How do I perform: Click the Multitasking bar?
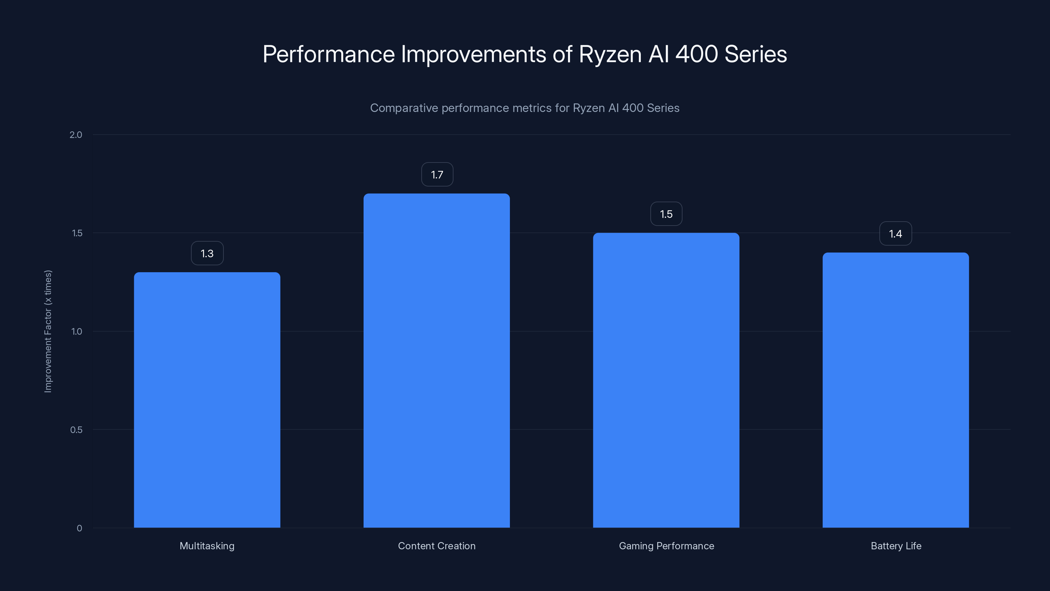click(x=207, y=400)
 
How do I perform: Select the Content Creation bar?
click(x=436, y=361)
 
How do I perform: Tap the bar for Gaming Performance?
click(x=666, y=380)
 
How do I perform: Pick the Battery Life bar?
click(x=895, y=390)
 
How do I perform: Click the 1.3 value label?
click(x=207, y=253)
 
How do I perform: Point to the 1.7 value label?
click(x=437, y=175)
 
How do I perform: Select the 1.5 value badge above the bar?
click(x=666, y=214)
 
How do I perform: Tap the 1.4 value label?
click(x=895, y=234)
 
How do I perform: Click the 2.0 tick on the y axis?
click(x=76, y=135)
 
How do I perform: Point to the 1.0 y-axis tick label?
click(x=77, y=331)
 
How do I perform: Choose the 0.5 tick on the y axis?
click(x=76, y=429)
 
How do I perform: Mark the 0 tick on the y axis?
click(x=79, y=528)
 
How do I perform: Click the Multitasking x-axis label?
click(x=207, y=546)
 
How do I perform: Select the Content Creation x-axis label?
click(x=436, y=546)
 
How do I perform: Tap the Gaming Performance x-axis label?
click(x=666, y=546)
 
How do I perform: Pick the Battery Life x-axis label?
click(x=896, y=546)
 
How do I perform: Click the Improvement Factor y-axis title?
click(x=48, y=331)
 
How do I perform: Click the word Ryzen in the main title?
click(x=610, y=54)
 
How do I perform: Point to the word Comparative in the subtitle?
click(x=404, y=108)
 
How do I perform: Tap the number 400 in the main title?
click(x=697, y=54)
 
